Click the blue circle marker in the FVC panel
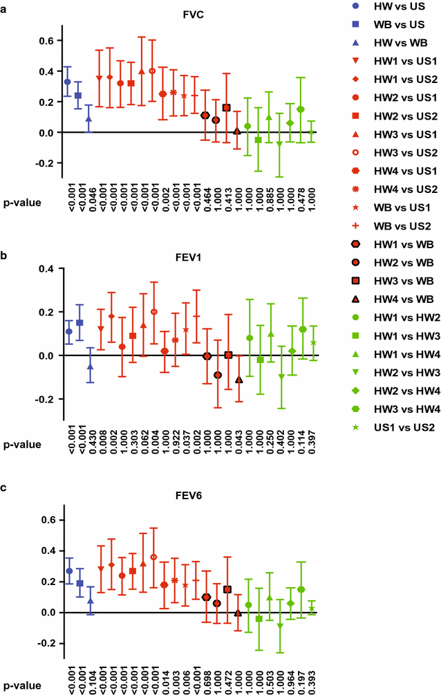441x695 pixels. [67, 82]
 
